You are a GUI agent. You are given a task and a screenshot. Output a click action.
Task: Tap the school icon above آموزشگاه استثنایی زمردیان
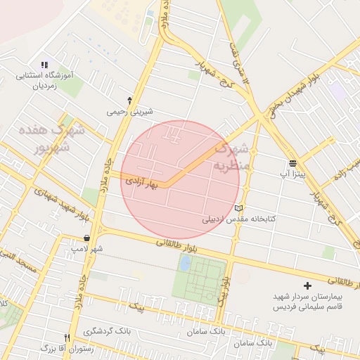pyautogui.click(x=45, y=64)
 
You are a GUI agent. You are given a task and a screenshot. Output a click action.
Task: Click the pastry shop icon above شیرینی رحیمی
pyautogui.click(x=129, y=100)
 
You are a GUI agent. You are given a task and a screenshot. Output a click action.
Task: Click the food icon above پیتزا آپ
pyautogui.click(x=292, y=162)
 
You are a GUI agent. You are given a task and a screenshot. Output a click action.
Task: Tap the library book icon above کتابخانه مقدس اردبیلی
pyautogui.click(x=239, y=208)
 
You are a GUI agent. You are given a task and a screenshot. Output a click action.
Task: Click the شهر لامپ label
pyautogui.click(x=87, y=249)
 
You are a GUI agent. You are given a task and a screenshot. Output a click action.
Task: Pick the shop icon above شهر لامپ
pyautogui.click(x=86, y=238)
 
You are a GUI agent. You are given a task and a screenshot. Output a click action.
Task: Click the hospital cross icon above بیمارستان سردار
pyautogui.click(x=307, y=285)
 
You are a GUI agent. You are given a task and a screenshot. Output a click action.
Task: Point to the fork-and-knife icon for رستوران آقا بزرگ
pyautogui.click(x=67, y=337)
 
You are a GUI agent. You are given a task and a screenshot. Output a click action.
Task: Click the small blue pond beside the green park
pyautogui.click(x=185, y=263)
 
